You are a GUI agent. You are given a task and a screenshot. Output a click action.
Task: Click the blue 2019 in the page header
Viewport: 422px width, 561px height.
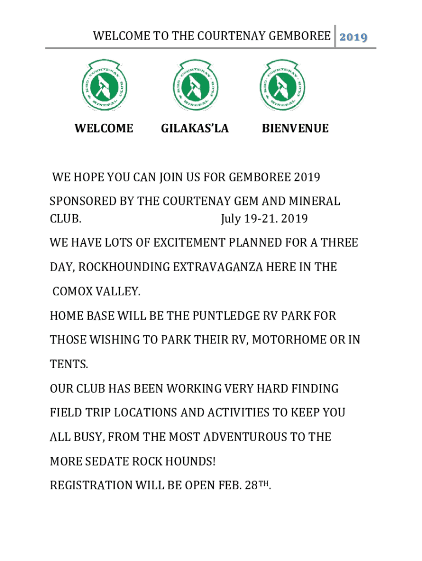pyautogui.click(x=353, y=37)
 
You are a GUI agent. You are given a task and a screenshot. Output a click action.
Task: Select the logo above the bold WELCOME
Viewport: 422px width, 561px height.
pyautogui.click(x=104, y=85)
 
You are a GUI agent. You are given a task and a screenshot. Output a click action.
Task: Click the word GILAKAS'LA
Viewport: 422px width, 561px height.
pyautogui.click(x=195, y=129)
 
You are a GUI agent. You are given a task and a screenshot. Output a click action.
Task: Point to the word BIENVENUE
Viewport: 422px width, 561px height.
pyautogui.click(x=295, y=129)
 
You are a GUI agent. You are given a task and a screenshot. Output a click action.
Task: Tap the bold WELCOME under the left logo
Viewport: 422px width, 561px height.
pyautogui.click(x=104, y=129)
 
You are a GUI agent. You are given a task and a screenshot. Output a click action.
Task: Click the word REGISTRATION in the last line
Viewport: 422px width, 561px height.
pyautogui.click(x=91, y=485)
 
